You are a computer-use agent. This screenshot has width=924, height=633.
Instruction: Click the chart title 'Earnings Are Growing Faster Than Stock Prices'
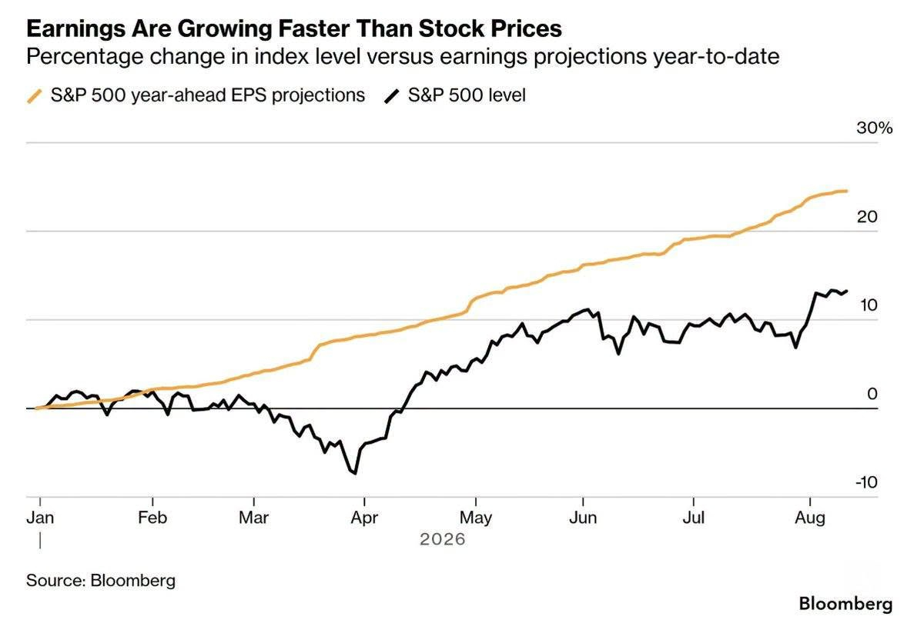click(294, 28)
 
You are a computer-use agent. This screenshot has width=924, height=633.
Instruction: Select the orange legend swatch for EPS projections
click(35, 96)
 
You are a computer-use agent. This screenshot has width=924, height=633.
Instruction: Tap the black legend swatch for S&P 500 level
click(391, 96)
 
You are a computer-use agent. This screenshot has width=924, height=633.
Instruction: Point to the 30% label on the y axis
click(874, 128)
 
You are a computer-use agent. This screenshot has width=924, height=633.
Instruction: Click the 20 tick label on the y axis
click(867, 217)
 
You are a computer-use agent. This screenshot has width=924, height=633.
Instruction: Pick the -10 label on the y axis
click(866, 482)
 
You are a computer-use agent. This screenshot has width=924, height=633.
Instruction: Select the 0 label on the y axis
click(872, 394)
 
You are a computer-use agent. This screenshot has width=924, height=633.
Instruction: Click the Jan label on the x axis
click(40, 518)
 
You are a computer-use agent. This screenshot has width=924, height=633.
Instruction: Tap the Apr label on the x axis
click(364, 518)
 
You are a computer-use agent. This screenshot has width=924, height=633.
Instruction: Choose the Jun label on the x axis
click(583, 518)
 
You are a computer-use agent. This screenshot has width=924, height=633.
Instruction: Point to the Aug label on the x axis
click(810, 518)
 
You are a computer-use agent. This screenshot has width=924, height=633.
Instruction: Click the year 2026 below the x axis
click(443, 539)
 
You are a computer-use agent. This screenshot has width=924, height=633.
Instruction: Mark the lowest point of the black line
click(355, 474)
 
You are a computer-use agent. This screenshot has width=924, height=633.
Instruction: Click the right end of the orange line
click(846, 191)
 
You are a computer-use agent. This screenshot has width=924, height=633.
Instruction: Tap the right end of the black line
click(846, 291)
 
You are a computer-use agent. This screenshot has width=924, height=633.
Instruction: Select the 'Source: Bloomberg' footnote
click(101, 581)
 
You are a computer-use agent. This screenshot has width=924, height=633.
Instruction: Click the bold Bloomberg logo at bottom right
click(845, 604)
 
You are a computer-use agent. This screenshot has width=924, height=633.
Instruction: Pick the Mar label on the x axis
click(253, 518)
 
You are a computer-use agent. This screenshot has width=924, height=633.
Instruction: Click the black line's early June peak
click(587, 309)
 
